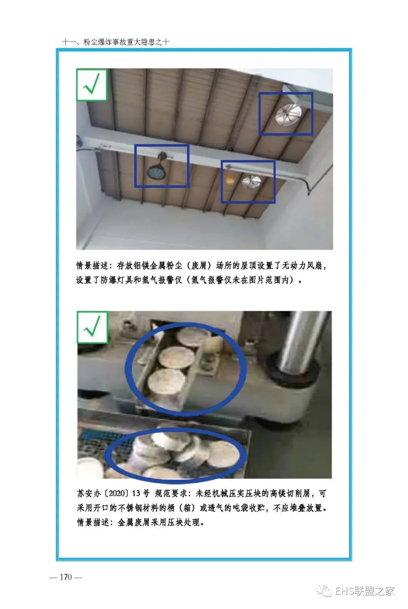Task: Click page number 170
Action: pos(66,577)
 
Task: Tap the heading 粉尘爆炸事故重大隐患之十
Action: pos(127,42)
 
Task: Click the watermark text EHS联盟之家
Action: pos(365,591)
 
